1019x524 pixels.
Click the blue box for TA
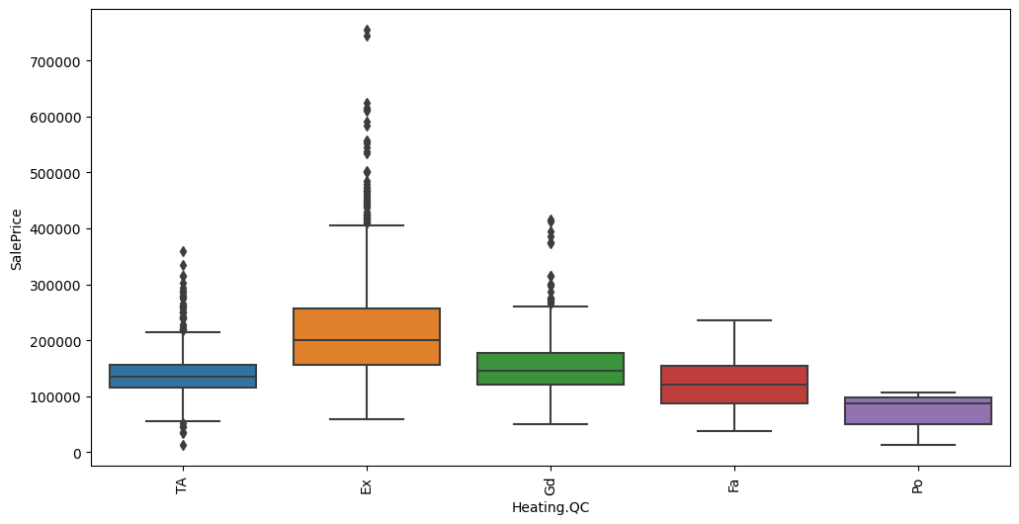coord(183,376)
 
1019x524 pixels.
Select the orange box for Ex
coord(367,336)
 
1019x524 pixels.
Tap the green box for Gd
coord(551,368)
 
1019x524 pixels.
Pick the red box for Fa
coord(734,384)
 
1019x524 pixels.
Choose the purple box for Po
coord(918,410)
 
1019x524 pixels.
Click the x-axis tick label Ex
coord(367,486)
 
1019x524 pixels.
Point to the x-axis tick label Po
coord(918,486)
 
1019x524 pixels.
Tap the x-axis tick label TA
coord(183,486)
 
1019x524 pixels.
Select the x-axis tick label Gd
coord(551,486)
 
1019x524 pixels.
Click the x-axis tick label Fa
coord(734,486)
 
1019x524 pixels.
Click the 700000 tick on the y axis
coord(61,61)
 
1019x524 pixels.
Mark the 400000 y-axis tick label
coord(61,229)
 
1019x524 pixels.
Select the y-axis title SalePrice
coord(16,238)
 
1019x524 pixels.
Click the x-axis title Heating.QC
coord(551,508)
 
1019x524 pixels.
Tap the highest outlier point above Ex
coord(367,30)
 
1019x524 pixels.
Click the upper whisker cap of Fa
coord(734,320)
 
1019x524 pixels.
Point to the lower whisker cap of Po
coord(918,445)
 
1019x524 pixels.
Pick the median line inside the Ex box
coord(367,340)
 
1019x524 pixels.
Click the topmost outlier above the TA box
coord(183,251)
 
